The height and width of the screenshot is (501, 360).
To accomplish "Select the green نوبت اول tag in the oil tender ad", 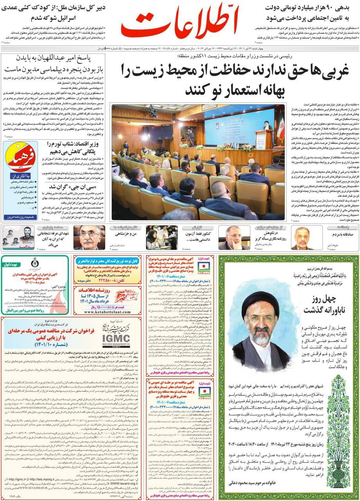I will click(x=13, y=264).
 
